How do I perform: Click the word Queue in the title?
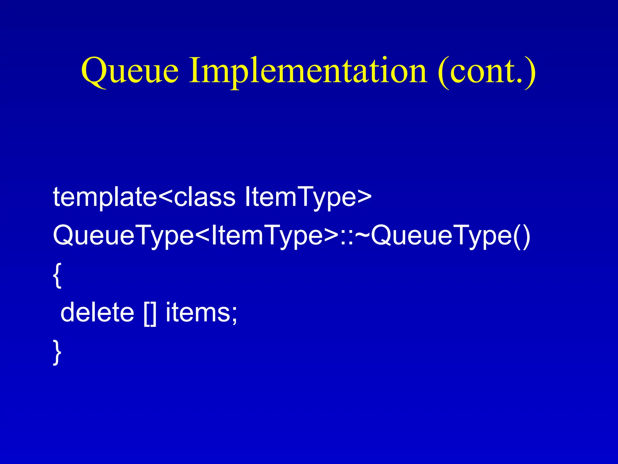pyautogui.click(x=130, y=71)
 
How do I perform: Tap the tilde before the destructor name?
pyautogui.click(x=362, y=236)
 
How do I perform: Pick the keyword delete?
pyautogui.click(x=97, y=312)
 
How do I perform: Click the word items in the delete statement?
pyautogui.click(x=198, y=312)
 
